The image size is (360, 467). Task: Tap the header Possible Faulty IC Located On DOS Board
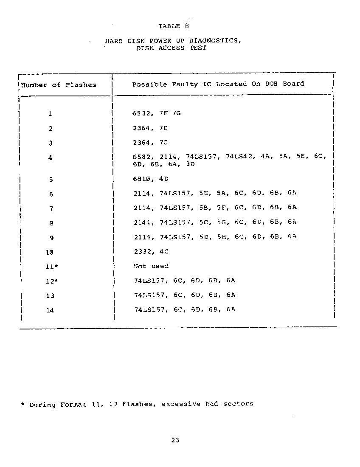click(x=218, y=84)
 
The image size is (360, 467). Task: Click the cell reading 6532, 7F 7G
click(x=156, y=113)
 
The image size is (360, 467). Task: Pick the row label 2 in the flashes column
click(x=51, y=128)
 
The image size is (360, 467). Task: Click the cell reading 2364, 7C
click(x=150, y=143)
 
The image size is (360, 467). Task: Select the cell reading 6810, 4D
click(x=150, y=179)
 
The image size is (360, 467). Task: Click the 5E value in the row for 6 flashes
click(x=203, y=193)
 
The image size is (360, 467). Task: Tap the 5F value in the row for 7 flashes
click(x=221, y=208)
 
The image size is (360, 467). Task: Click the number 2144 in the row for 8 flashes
click(x=142, y=222)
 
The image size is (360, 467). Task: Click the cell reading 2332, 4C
click(x=151, y=251)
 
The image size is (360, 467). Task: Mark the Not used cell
click(x=151, y=266)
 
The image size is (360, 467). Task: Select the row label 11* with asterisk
click(x=52, y=267)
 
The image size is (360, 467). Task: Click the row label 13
click(x=50, y=296)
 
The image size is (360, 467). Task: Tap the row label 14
click(x=50, y=310)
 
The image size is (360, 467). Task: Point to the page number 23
click(x=175, y=440)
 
